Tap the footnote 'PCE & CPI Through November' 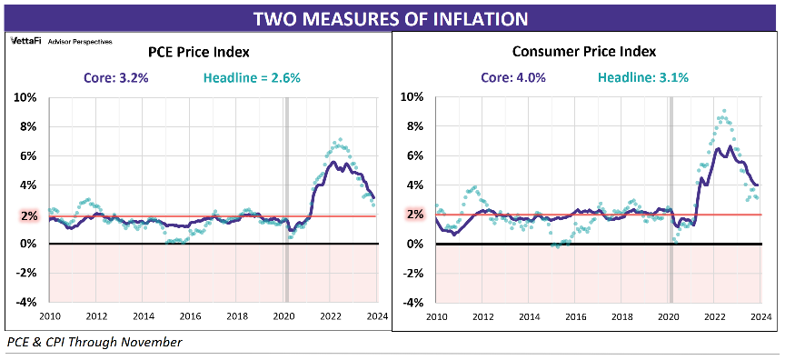94,343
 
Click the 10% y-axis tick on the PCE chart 25,96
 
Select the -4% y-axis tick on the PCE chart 25,303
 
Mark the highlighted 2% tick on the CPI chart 414,215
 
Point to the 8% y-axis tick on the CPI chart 414,126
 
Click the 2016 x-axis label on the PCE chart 189,316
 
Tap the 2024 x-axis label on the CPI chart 761,316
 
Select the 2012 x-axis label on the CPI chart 482,316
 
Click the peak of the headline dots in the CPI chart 722,111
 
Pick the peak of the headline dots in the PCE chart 338,140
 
